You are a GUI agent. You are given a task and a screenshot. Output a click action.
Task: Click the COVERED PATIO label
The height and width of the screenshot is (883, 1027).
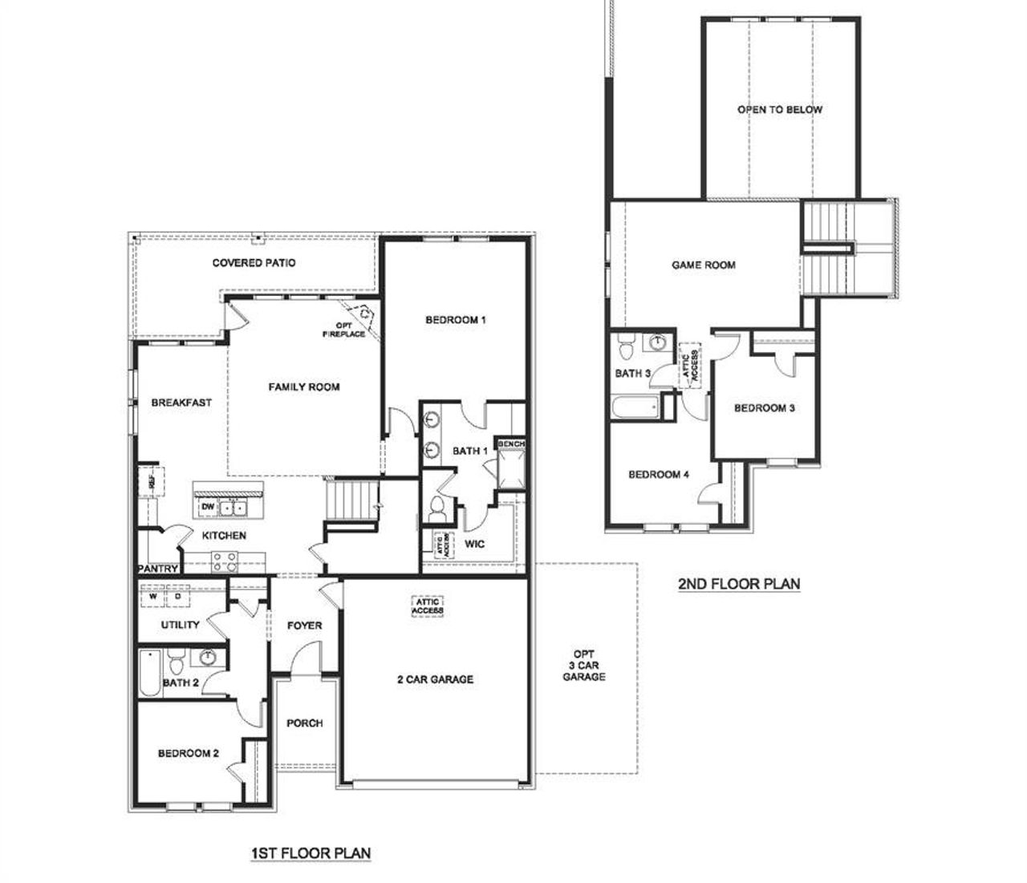(x=254, y=263)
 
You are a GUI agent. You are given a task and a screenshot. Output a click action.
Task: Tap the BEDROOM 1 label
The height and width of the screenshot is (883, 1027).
(x=456, y=320)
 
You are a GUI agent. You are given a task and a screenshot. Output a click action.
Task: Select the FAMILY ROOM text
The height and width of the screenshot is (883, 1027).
(x=304, y=387)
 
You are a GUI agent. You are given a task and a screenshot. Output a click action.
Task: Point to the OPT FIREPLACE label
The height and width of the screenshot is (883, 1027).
(x=344, y=330)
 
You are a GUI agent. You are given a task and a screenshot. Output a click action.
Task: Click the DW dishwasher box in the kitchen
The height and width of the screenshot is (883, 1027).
(x=207, y=507)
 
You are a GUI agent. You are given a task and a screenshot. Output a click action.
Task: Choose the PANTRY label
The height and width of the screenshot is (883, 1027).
(x=157, y=569)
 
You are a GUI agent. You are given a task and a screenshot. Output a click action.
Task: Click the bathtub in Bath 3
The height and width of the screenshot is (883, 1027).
(x=635, y=407)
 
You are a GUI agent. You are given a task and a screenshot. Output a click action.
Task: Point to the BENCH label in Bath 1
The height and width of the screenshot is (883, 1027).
(x=511, y=444)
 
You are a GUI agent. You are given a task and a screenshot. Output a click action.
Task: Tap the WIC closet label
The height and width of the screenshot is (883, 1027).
(x=475, y=545)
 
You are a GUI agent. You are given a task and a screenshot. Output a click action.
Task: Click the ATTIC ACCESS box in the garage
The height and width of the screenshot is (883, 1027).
(x=428, y=606)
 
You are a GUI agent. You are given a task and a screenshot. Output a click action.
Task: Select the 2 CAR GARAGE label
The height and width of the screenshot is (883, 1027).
(x=436, y=679)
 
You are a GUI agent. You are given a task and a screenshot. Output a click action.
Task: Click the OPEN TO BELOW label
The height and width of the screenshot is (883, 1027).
(x=780, y=109)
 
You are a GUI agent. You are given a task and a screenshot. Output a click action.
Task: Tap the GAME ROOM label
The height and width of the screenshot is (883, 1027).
(x=704, y=265)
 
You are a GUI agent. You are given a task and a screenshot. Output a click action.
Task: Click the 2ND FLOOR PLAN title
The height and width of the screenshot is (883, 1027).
(x=739, y=583)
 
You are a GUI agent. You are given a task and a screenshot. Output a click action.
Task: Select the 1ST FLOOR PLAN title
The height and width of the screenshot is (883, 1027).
(x=310, y=852)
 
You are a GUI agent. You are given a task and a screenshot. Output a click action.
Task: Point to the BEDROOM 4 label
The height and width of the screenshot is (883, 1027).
(x=659, y=474)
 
